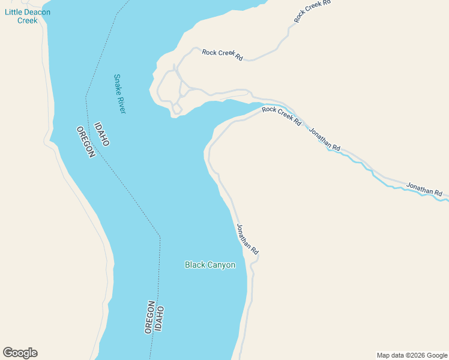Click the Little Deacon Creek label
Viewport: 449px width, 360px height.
point(28,16)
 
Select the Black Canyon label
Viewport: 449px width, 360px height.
point(210,265)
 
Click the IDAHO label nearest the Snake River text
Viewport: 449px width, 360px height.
point(102,134)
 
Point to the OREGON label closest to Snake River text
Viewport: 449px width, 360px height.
point(86,142)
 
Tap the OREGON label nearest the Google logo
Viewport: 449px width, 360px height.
point(149,317)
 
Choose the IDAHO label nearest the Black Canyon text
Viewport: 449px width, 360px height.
point(160,320)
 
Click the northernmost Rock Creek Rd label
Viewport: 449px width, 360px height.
point(312,11)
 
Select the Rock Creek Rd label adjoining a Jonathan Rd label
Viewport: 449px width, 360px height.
point(282,115)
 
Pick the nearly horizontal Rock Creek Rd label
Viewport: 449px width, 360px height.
point(222,54)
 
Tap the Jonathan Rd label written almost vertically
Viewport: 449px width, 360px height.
point(247,239)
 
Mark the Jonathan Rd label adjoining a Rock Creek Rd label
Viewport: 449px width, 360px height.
point(325,139)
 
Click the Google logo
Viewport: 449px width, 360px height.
point(20,353)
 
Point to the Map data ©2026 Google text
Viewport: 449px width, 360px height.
point(412,355)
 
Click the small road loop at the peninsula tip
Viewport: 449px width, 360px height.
point(176,109)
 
